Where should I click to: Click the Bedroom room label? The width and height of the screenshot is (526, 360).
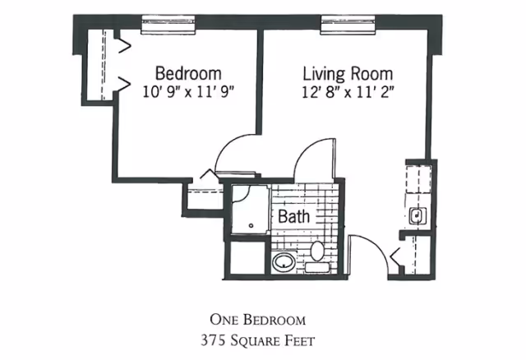click(188, 73)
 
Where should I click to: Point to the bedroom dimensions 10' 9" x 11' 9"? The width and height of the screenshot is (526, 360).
click(188, 91)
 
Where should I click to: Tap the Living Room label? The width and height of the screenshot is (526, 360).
click(348, 73)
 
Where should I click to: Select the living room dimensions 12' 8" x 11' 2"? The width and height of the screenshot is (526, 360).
click(348, 91)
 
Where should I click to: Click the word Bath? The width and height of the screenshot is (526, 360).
click(294, 216)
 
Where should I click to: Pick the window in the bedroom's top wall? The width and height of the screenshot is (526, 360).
click(168, 25)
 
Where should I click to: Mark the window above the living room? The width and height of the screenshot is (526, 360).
click(348, 25)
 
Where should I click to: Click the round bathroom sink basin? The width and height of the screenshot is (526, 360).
click(284, 262)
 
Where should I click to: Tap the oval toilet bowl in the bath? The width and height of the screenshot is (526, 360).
click(317, 251)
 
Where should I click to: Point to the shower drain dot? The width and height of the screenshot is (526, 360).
click(251, 226)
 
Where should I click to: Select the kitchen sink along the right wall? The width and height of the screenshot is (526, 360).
click(418, 215)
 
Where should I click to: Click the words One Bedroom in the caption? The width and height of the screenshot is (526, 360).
click(257, 320)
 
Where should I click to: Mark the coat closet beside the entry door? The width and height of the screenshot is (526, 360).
click(417, 255)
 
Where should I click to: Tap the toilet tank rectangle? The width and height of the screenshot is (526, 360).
click(317, 267)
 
